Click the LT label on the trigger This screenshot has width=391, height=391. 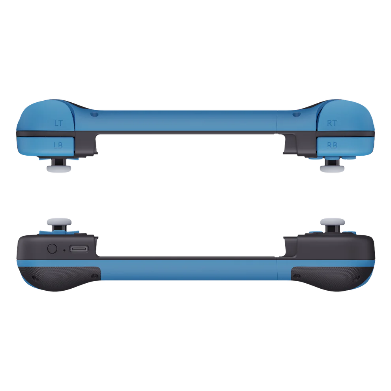tap(58, 123)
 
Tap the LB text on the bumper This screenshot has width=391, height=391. tap(58, 145)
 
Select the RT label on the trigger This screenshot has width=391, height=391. tap(332, 123)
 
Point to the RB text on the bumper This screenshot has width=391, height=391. tap(332, 145)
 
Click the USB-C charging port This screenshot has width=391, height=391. tap(79, 249)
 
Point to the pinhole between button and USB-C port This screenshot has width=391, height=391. tap(64, 250)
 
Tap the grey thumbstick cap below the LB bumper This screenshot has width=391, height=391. tap(59, 168)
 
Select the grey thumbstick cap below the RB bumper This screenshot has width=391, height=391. tap(332, 168)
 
